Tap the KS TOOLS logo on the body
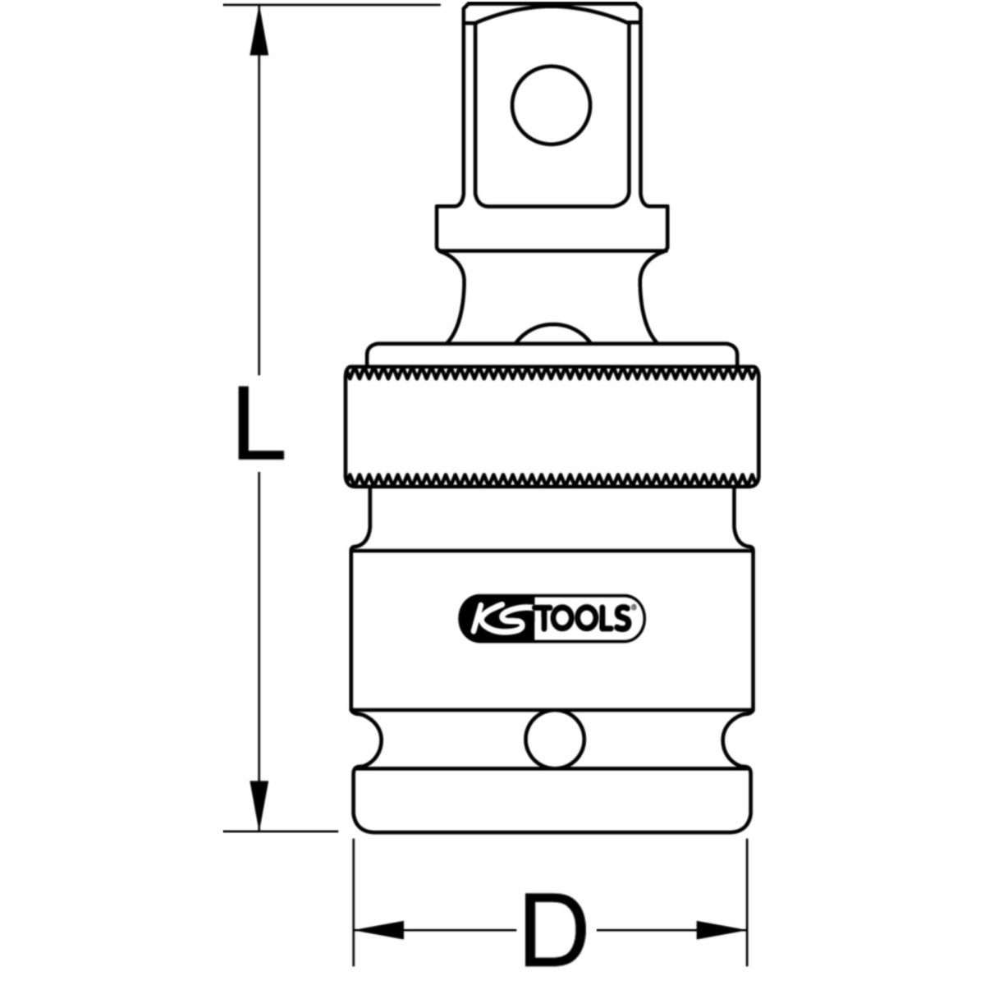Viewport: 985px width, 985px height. pos(550,617)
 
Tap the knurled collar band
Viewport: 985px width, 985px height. pos(550,424)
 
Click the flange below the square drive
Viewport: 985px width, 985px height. pos(550,229)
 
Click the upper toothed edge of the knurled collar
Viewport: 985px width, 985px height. pos(550,372)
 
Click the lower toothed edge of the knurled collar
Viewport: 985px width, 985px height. pos(550,478)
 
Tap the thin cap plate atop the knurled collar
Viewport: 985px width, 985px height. pos(550,352)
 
